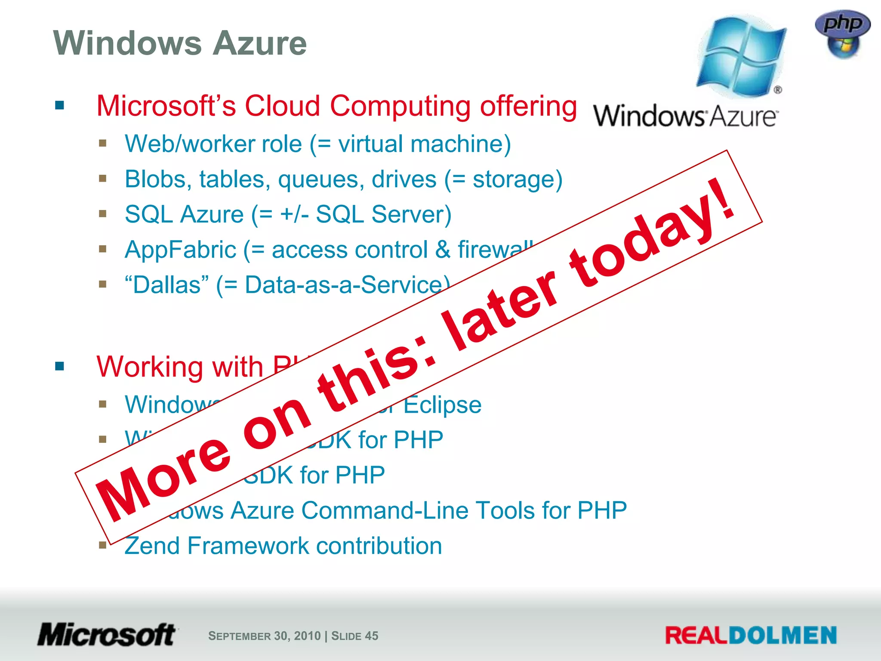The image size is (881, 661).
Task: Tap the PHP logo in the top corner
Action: click(842, 34)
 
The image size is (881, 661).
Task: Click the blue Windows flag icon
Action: click(741, 56)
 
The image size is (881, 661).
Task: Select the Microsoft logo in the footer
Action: click(107, 635)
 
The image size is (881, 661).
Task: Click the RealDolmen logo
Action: click(751, 636)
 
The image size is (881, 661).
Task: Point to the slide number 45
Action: click(372, 636)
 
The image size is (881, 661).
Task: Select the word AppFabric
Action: click(180, 250)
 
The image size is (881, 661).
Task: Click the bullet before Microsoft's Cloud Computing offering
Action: click(60, 105)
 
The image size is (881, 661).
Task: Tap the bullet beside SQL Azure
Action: click(102, 214)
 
